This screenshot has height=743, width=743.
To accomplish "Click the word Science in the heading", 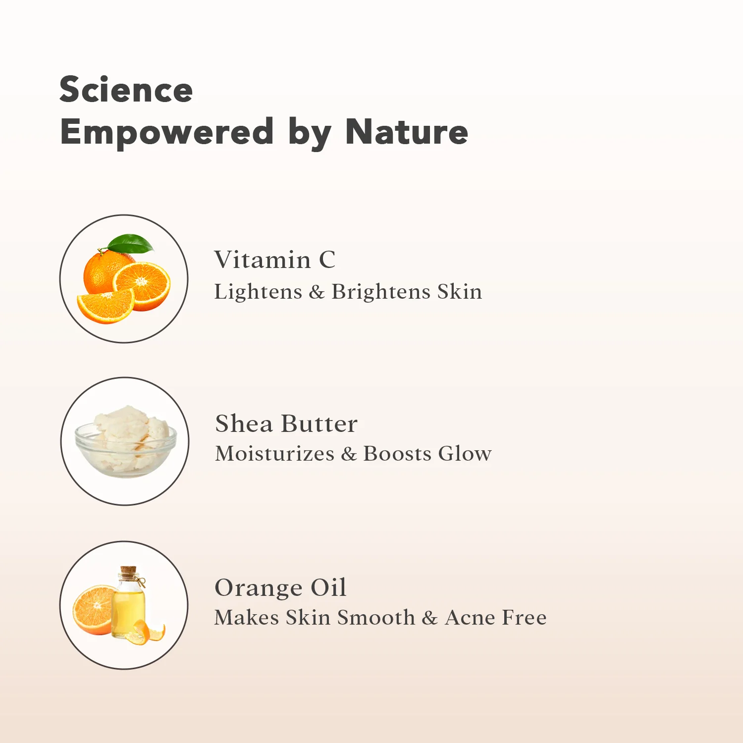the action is coord(126,90).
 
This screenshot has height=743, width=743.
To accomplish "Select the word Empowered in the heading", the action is coord(167,133).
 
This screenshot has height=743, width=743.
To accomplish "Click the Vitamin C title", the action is coord(275,260).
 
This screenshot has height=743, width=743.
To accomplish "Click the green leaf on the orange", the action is coord(130,243).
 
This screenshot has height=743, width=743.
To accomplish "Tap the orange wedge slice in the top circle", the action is coord(105,307).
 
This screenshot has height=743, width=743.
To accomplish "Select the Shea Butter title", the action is coord(286,424).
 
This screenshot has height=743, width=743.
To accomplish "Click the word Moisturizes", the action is coord(275,453).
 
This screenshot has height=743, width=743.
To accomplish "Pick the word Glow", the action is coord(465,453).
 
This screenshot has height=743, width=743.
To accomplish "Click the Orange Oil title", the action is coord(280,588).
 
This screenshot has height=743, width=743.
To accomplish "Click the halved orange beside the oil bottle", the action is coord(94,610).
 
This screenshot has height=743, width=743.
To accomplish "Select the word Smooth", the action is coord(376,617).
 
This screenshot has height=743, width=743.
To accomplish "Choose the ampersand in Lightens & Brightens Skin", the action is coord(317,292).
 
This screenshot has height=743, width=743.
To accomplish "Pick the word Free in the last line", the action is coord(525,617).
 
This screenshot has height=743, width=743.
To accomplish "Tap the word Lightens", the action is coord(258,292).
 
